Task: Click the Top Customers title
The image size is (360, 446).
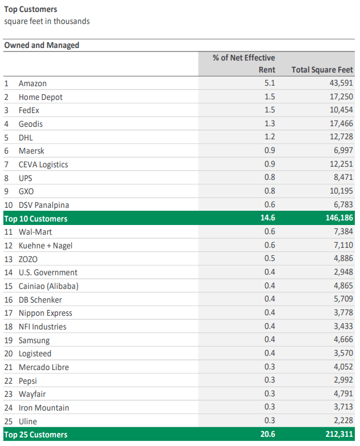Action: (30, 10)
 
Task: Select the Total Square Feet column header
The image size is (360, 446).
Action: (322, 70)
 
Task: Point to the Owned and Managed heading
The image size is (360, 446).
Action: (42, 45)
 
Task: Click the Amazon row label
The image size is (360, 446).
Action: (33, 83)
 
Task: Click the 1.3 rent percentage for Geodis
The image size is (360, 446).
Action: (270, 124)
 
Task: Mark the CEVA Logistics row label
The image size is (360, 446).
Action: (43, 164)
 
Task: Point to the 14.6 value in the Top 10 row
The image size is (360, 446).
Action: (267, 219)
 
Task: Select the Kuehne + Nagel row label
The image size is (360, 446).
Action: (45, 246)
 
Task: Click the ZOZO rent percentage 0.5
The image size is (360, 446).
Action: (270, 259)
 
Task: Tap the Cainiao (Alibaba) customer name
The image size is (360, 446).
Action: (48, 286)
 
